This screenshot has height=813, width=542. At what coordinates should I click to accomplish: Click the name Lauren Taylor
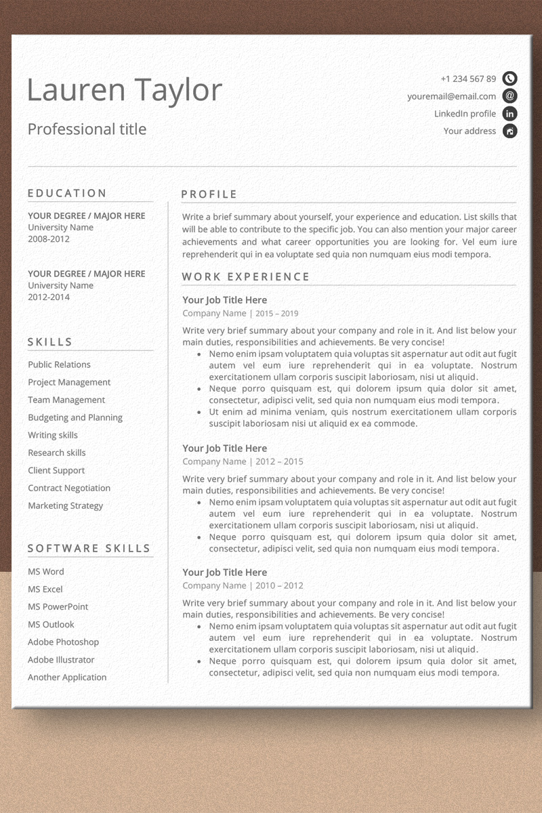125,91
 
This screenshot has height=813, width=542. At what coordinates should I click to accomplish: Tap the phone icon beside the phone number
509,79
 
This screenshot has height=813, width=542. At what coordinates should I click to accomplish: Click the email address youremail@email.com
451,96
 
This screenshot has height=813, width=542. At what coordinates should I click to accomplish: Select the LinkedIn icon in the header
509,114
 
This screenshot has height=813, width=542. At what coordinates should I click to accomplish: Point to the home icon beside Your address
509,131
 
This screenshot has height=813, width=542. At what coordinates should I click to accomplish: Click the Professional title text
87,129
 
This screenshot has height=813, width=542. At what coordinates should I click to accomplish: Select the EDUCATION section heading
67,193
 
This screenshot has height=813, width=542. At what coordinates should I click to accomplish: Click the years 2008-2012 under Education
49,239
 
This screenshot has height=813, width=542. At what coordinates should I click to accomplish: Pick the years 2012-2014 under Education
49,297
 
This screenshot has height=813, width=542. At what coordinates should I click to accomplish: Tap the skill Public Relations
59,364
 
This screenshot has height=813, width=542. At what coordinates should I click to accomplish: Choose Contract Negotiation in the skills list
69,488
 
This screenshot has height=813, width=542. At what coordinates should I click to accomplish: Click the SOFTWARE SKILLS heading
89,548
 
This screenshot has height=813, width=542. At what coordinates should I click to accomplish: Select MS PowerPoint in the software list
58,606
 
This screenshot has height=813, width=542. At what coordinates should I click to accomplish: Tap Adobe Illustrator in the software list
61,659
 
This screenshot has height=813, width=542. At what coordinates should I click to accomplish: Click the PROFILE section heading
209,194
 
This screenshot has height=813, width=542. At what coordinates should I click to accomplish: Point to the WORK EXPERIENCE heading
246,276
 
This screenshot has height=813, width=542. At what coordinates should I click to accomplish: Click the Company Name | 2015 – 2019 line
240,314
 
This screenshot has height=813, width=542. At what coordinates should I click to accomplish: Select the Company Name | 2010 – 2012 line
243,585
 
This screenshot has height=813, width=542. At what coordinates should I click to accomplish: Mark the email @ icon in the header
509,96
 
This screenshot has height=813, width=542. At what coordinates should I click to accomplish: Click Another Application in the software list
67,677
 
